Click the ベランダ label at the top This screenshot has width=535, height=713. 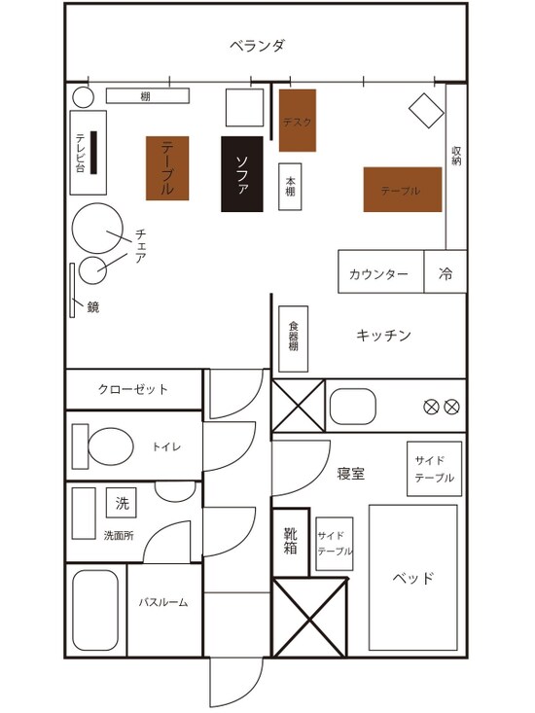(x=257, y=45)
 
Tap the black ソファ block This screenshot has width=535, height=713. (x=242, y=174)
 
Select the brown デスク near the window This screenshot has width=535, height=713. (x=298, y=121)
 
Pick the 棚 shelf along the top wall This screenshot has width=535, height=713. (x=146, y=96)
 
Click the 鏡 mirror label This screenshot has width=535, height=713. (x=93, y=307)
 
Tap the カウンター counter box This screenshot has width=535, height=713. (x=380, y=273)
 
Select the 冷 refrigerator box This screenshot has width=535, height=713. (x=446, y=273)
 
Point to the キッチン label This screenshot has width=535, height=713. (x=383, y=336)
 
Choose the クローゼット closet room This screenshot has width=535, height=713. (x=133, y=389)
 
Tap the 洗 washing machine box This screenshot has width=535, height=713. (x=122, y=503)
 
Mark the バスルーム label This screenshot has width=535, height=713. (x=162, y=602)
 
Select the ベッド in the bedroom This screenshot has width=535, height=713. (x=413, y=578)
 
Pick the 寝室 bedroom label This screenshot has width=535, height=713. (x=351, y=474)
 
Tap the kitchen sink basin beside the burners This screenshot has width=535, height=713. (x=353, y=407)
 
